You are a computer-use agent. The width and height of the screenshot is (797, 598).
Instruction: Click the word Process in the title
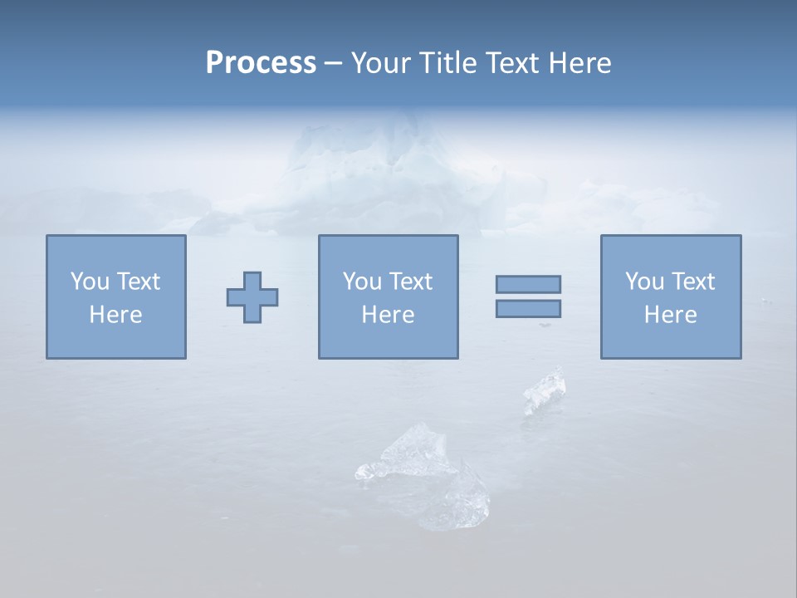[261, 63]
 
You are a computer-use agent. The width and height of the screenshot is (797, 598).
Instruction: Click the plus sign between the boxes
[252, 297]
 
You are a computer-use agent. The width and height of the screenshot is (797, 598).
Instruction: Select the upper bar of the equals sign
[528, 284]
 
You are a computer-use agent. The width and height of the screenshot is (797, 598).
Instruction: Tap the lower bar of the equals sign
[528, 309]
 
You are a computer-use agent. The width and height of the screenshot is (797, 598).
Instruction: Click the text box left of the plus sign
[116, 297]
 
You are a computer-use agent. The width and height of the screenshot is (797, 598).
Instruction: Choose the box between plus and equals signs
[388, 297]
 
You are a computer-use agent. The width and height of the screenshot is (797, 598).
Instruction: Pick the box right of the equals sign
[670, 297]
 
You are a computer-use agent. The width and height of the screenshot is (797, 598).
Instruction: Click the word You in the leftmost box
[89, 282]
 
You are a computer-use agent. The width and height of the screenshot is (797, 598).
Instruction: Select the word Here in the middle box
[388, 315]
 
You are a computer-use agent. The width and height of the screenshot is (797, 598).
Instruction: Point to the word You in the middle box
[361, 282]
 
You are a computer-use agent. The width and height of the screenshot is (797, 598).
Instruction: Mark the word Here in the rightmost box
[670, 315]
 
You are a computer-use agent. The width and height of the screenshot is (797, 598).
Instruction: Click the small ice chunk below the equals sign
[544, 391]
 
